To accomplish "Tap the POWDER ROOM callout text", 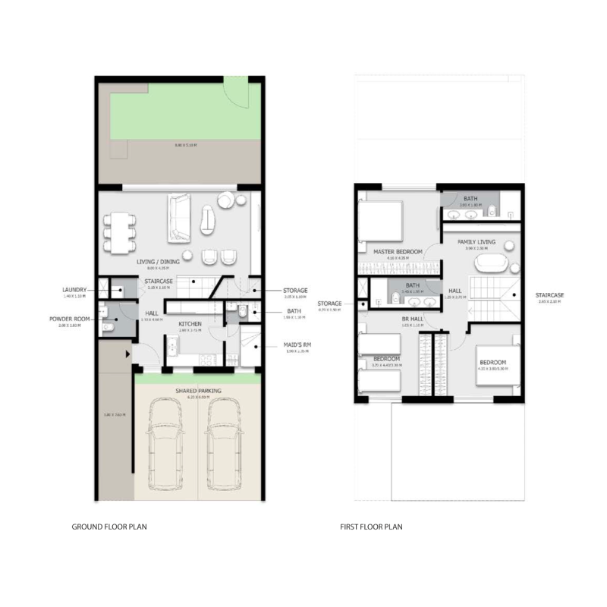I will (x=72, y=319).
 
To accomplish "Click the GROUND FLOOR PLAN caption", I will (x=109, y=526).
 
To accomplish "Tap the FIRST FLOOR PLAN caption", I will (x=370, y=526).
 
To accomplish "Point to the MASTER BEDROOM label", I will (x=397, y=252).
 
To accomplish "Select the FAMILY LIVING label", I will (x=476, y=242).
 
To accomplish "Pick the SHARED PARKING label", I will (x=198, y=391).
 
